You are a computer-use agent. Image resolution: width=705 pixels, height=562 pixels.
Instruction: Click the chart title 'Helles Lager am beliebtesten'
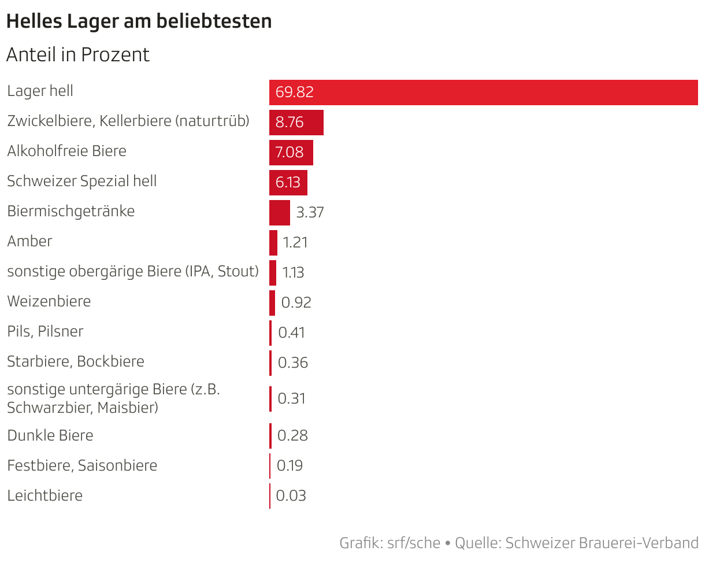139,21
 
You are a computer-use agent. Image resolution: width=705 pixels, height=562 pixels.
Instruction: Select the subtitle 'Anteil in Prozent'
77,55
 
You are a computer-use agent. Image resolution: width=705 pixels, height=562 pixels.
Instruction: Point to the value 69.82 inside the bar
295,93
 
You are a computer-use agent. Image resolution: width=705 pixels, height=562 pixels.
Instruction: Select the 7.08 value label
290,153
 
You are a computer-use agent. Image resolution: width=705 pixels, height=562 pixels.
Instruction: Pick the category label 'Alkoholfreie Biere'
66,151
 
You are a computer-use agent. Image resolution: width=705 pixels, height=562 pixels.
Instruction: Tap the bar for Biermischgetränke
279,213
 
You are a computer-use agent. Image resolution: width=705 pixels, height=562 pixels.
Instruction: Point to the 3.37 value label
310,213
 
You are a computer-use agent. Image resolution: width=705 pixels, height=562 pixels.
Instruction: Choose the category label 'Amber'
29,242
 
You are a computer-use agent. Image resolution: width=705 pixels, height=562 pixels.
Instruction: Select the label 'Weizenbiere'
49,302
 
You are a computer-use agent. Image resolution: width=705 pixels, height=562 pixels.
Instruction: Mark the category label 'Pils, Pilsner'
45,332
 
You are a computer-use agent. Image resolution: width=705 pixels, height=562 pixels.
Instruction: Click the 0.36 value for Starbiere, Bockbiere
293,363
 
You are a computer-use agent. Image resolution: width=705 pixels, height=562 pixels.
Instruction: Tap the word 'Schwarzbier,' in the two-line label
50,408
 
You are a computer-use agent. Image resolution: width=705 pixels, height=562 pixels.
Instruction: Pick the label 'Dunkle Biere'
50,435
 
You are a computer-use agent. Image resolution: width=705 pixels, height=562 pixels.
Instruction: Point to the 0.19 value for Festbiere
290,466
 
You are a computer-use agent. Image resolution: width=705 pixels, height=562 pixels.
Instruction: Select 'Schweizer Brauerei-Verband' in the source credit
602,543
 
